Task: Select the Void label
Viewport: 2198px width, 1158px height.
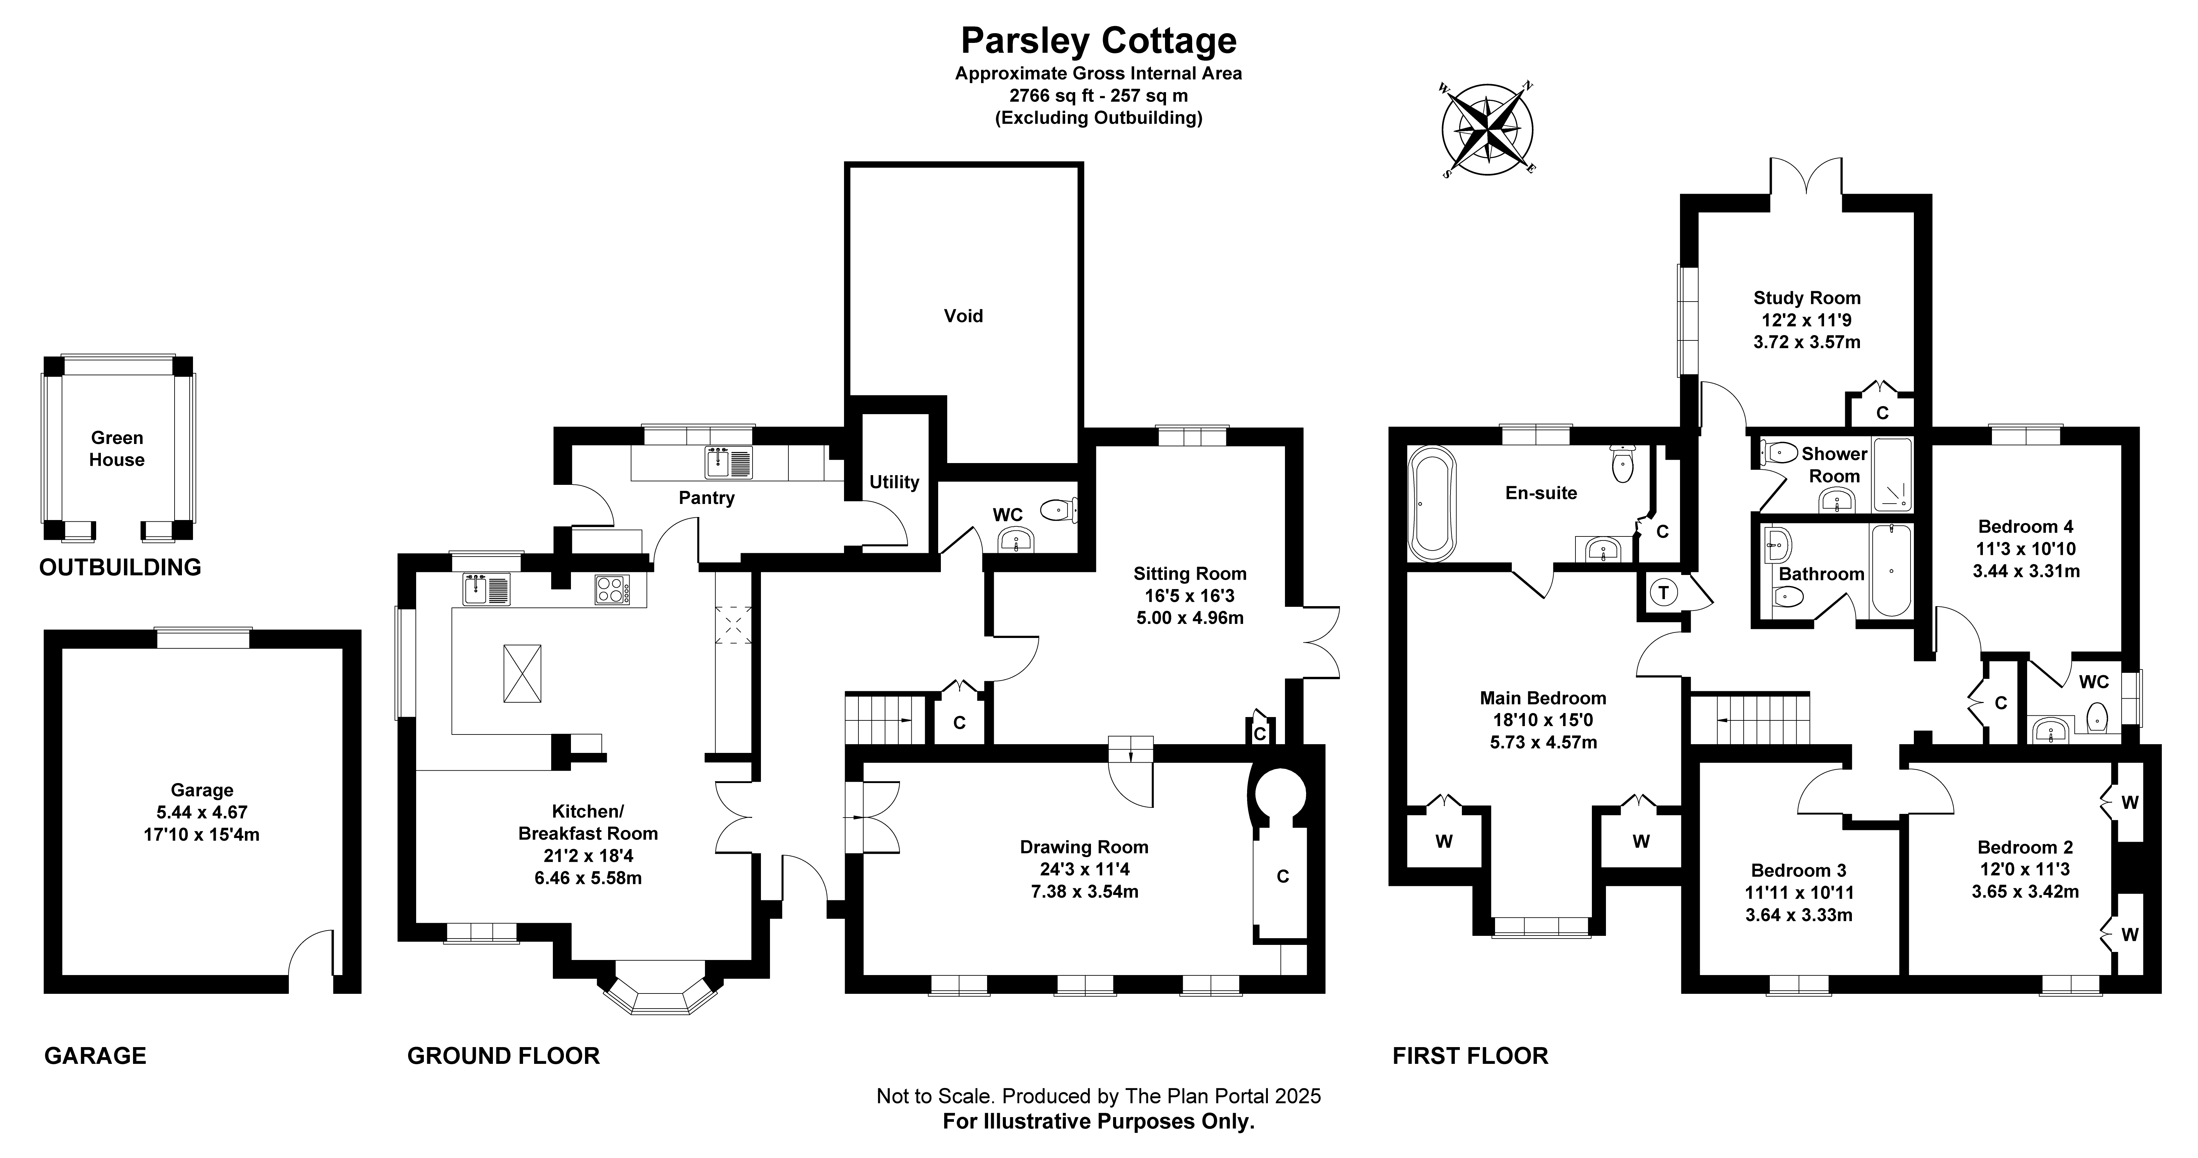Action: coord(963,316)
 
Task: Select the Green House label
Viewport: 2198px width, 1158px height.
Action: coord(117,448)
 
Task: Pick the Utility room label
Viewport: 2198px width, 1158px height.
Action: coord(894,482)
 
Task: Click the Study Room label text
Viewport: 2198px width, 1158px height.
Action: coord(1806,298)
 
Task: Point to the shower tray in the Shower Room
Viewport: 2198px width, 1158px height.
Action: coord(1892,474)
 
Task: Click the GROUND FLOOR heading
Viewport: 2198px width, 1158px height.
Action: coord(503,1055)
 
